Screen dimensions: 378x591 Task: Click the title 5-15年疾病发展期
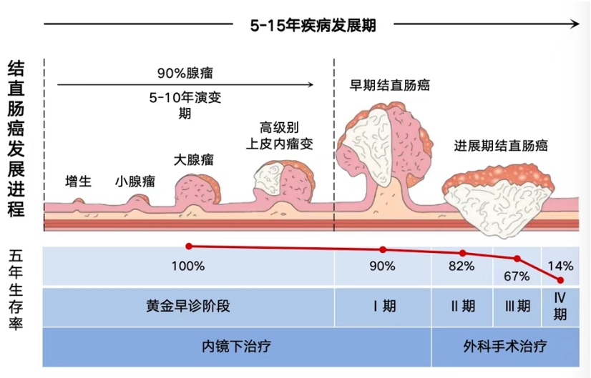[313, 25]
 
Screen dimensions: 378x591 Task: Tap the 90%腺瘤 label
[186, 73]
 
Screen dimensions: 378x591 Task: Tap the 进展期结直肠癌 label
[501, 146]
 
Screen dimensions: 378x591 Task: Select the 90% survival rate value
[383, 267]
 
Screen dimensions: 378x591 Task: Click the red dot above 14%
[560, 279]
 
